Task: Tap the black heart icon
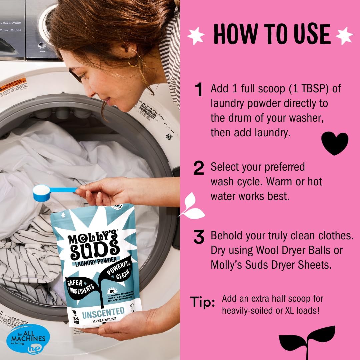[x=334, y=143]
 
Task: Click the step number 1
[x=199, y=90]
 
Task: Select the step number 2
[x=199, y=168]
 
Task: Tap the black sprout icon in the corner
[x=306, y=340]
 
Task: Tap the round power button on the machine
[x=42, y=45]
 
